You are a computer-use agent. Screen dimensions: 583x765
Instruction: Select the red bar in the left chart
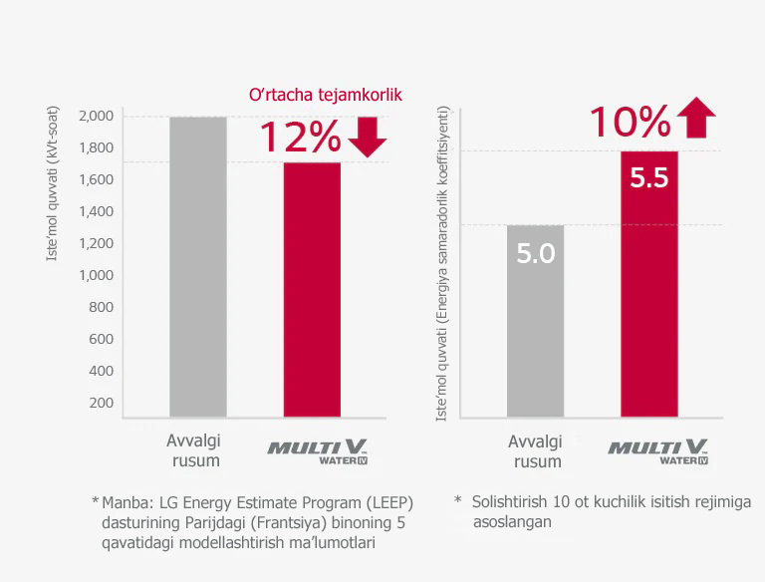coord(312,289)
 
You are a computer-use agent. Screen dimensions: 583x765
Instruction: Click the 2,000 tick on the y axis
coord(95,116)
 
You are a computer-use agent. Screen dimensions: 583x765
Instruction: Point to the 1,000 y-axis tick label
coord(95,275)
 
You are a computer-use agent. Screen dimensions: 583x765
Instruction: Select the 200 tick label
coord(102,403)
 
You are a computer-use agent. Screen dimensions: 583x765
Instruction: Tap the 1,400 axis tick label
coord(95,211)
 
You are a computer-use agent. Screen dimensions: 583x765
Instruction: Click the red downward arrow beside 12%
coord(368,138)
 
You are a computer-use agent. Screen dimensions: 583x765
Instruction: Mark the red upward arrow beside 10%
coord(695,119)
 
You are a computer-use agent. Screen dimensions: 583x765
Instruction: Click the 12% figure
coord(300,138)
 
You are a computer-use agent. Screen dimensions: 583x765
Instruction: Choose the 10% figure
coord(630,122)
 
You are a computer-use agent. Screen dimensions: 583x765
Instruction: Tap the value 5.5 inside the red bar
coord(648,178)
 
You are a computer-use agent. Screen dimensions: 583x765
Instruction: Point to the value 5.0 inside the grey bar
coord(535,253)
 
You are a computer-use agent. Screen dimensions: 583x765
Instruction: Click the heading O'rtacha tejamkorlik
coord(325,95)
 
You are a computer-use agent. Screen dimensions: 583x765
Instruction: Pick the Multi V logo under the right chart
coord(658,449)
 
